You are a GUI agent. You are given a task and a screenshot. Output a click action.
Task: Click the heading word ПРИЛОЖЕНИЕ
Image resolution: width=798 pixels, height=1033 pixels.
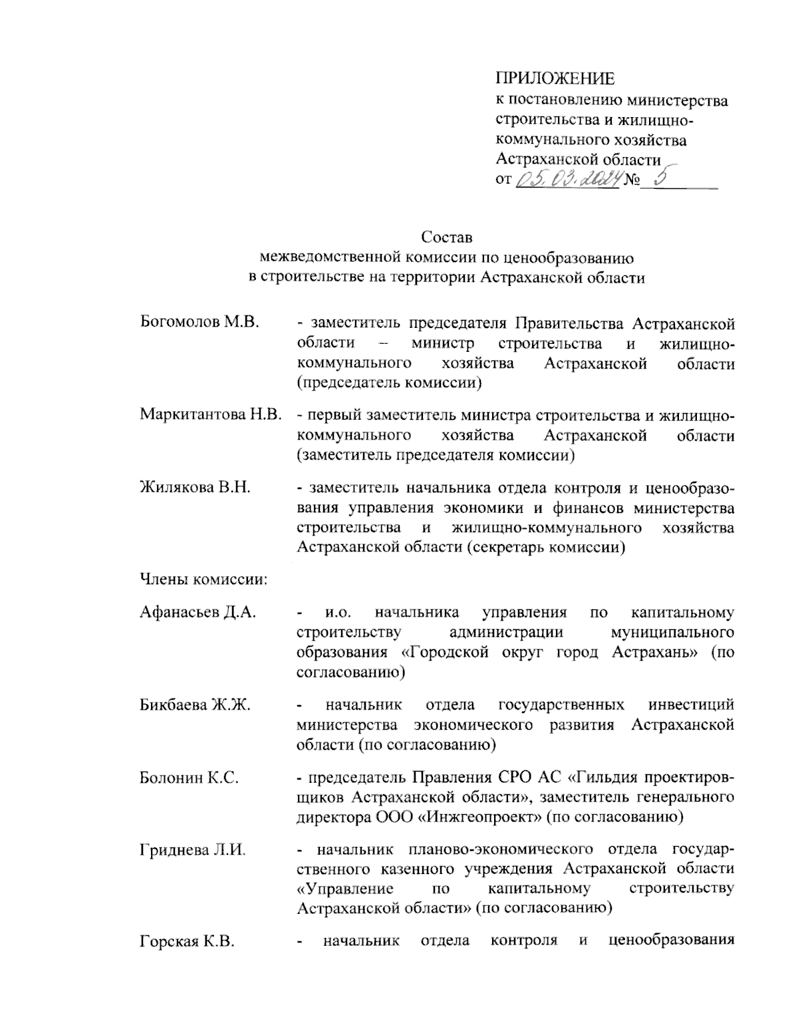click(x=555, y=78)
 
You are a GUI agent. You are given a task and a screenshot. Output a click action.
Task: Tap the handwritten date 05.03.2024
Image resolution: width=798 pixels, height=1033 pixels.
click(x=569, y=179)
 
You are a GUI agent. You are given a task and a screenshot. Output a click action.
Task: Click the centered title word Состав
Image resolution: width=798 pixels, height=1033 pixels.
click(x=446, y=237)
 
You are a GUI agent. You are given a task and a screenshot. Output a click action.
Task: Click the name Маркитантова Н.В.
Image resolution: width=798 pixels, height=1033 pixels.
click(x=211, y=416)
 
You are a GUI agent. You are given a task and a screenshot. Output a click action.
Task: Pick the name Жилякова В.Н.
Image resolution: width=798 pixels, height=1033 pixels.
click(x=195, y=488)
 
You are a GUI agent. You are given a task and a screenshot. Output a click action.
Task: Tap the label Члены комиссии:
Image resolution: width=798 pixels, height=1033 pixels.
click(x=203, y=579)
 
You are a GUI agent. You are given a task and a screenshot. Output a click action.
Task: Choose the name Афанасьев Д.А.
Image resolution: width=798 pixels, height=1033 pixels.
click(x=198, y=613)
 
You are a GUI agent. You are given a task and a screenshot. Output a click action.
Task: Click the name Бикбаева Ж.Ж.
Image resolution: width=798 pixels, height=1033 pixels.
click(x=195, y=704)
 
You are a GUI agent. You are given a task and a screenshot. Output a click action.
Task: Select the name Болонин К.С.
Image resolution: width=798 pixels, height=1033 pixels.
click(x=189, y=776)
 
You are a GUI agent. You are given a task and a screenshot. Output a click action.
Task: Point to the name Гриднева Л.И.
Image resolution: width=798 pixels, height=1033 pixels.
click(x=192, y=849)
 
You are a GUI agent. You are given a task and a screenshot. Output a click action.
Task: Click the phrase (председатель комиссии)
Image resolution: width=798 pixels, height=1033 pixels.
click(x=389, y=383)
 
